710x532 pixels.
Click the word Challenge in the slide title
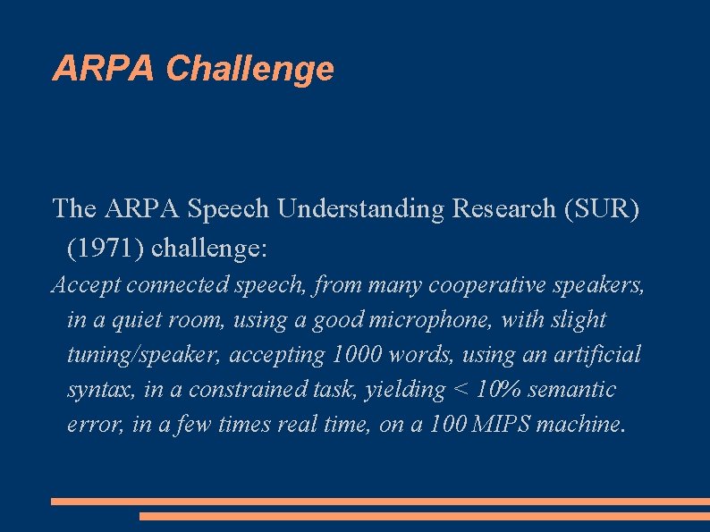(250, 69)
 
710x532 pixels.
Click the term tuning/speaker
(144, 355)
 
